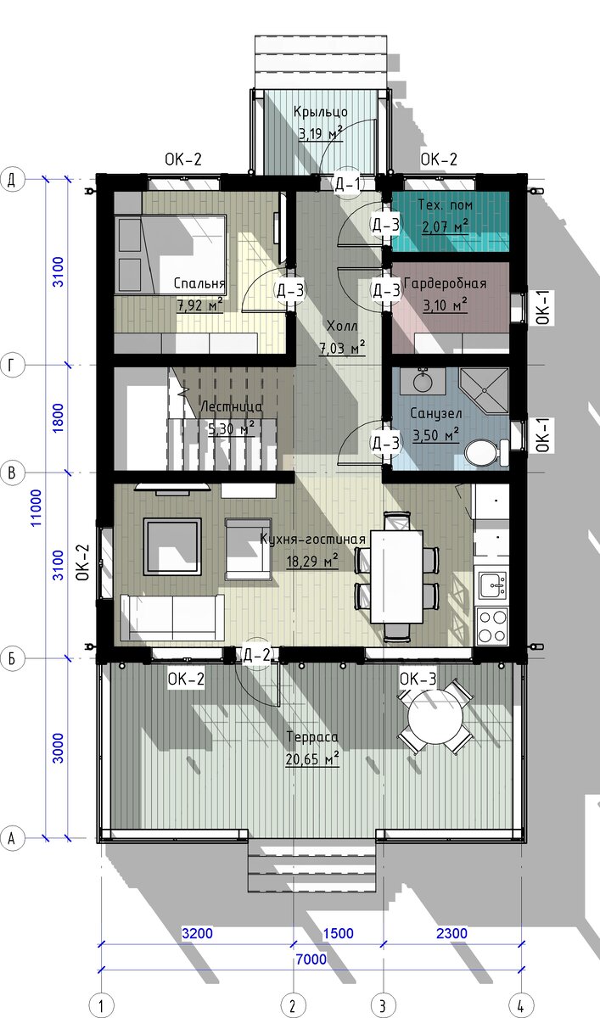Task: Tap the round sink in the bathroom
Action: click(423, 381)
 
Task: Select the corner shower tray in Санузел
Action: click(484, 390)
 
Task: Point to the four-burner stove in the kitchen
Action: click(491, 625)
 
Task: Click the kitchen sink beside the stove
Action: click(492, 585)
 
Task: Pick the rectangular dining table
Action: click(396, 576)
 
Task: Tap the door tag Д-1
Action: click(348, 183)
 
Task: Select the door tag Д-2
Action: click(257, 655)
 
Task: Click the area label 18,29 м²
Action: click(311, 562)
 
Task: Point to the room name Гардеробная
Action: click(445, 283)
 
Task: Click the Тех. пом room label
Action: click(445, 204)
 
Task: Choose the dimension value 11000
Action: click(36, 507)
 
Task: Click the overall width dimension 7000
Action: click(311, 959)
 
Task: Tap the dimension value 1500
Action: click(338, 933)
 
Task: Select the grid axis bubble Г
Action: click(12, 365)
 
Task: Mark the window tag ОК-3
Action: click(418, 679)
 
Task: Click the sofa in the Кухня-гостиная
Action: click(172, 618)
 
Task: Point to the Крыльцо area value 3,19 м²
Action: click(321, 133)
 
